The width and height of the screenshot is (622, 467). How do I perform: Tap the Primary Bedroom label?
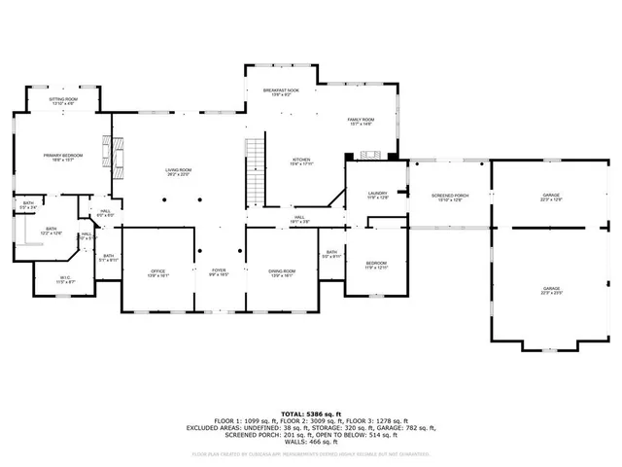pos(63,158)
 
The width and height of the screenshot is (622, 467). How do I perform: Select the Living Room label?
pos(178,172)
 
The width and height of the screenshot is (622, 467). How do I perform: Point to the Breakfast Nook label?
pos(281,91)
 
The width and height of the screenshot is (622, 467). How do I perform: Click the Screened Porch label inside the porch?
pos(450,198)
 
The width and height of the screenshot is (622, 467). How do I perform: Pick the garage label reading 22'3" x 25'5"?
pos(552,290)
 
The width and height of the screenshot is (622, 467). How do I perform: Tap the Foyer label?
pos(219,272)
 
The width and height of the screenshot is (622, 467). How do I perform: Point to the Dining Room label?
pos(282,272)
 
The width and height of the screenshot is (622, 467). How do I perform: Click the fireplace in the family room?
pos(368,154)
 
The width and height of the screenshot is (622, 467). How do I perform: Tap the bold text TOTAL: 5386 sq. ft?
pos(311,413)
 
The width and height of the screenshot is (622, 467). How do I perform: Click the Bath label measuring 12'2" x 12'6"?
pos(51,232)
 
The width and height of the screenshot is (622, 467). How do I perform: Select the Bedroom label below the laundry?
pos(376,266)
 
